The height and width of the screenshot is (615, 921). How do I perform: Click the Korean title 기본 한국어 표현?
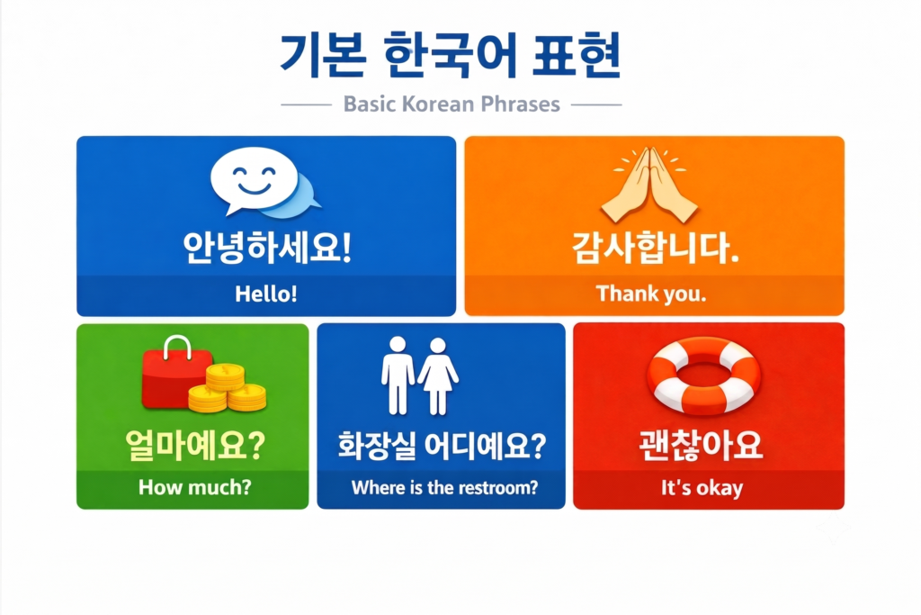(x=450, y=56)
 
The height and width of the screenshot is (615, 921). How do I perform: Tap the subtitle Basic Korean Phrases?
(x=452, y=104)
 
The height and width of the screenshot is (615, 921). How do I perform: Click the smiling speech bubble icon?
(x=264, y=182)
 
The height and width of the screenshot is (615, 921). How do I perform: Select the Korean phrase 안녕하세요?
(x=267, y=248)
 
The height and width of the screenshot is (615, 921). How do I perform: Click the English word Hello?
(x=266, y=294)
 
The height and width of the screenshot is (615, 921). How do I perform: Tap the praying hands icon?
(x=649, y=185)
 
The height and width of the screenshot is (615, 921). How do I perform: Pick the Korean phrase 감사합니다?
(x=655, y=248)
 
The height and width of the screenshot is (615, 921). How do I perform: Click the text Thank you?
(x=651, y=294)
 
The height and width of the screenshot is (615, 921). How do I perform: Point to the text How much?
(x=195, y=487)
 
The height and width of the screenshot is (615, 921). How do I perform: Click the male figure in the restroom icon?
(x=398, y=375)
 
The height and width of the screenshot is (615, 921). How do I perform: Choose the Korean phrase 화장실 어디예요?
(x=442, y=445)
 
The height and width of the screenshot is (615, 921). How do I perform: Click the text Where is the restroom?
(x=444, y=487)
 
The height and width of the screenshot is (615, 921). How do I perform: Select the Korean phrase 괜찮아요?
(x=701, y=445)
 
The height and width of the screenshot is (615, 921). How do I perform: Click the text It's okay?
(x=702, y=488)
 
